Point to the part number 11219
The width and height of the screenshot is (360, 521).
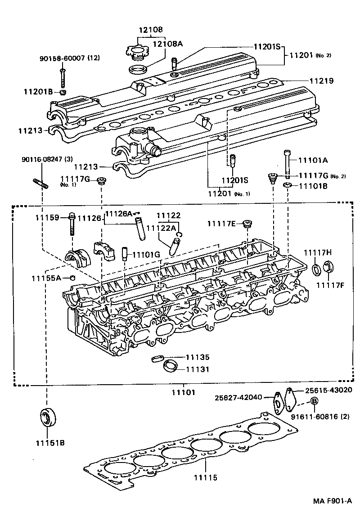click(x=321, y=81)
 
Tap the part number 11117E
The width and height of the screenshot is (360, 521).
click(x=221, y=224)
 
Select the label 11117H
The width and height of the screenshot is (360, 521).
click(x=317, y=252)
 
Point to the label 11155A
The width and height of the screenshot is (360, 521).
click(x=46, y=278)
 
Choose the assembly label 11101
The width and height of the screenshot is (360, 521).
click(x=184, y=392)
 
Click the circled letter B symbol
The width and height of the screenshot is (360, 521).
click(x=314, y=401)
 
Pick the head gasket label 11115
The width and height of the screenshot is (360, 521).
click(x=205, y=477)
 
